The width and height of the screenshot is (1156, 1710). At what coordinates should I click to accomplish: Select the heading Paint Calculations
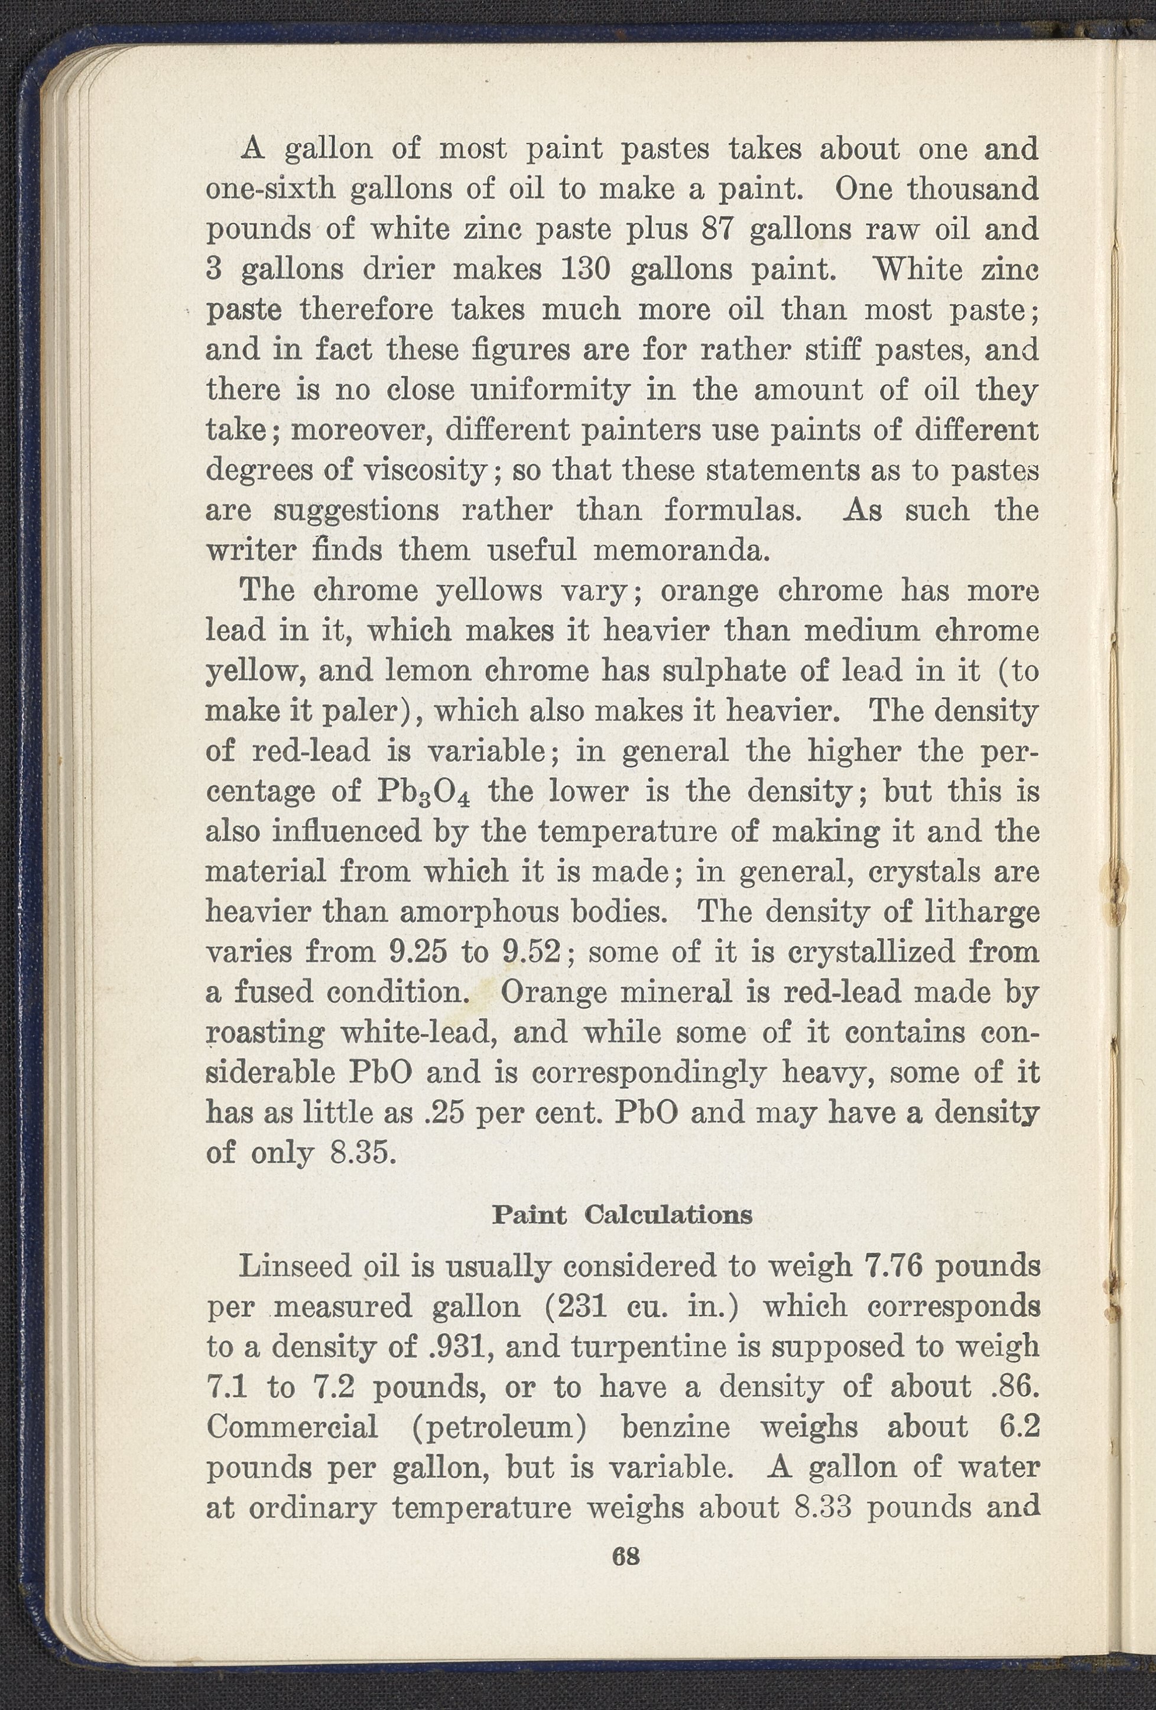[622, 1215]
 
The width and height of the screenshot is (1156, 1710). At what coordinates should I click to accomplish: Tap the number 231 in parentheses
[583, 1307]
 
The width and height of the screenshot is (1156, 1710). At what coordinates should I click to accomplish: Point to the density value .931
[454, 1347]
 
